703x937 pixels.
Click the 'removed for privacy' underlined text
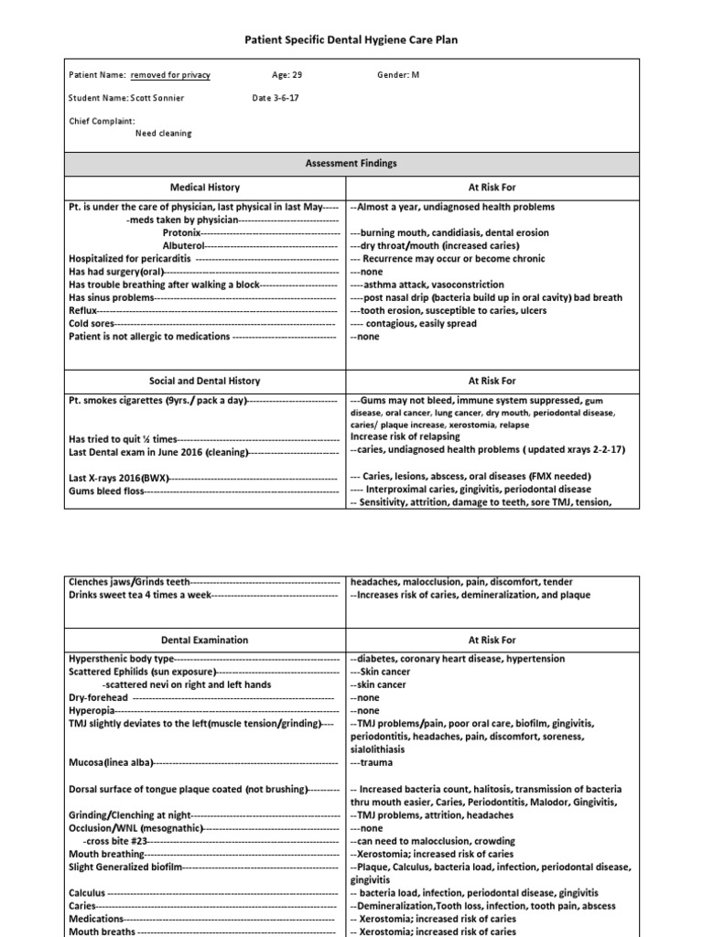[x=170, y=75]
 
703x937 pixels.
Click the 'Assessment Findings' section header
[x=351, y=163]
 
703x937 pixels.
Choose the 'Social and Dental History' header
[x=204, y=381]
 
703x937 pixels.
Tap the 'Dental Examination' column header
[x=203, y=640]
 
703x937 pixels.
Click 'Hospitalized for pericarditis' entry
[x=129, y=259]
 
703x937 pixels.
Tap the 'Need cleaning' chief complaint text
[x=164, y=134]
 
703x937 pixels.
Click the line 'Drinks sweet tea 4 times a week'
[x=140, y=595]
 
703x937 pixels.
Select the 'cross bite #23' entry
[x=114, y=840]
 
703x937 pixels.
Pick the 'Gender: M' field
[x=398, y=75]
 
